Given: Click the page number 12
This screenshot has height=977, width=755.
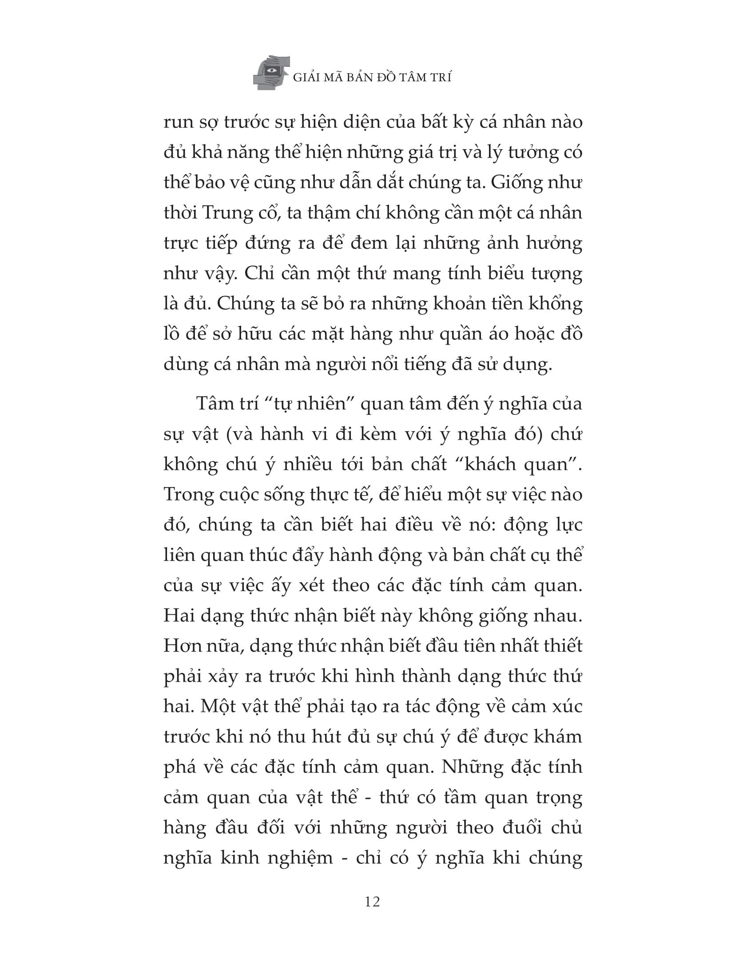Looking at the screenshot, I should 372,902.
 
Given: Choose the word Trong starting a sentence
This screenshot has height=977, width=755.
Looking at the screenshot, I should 188,494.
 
